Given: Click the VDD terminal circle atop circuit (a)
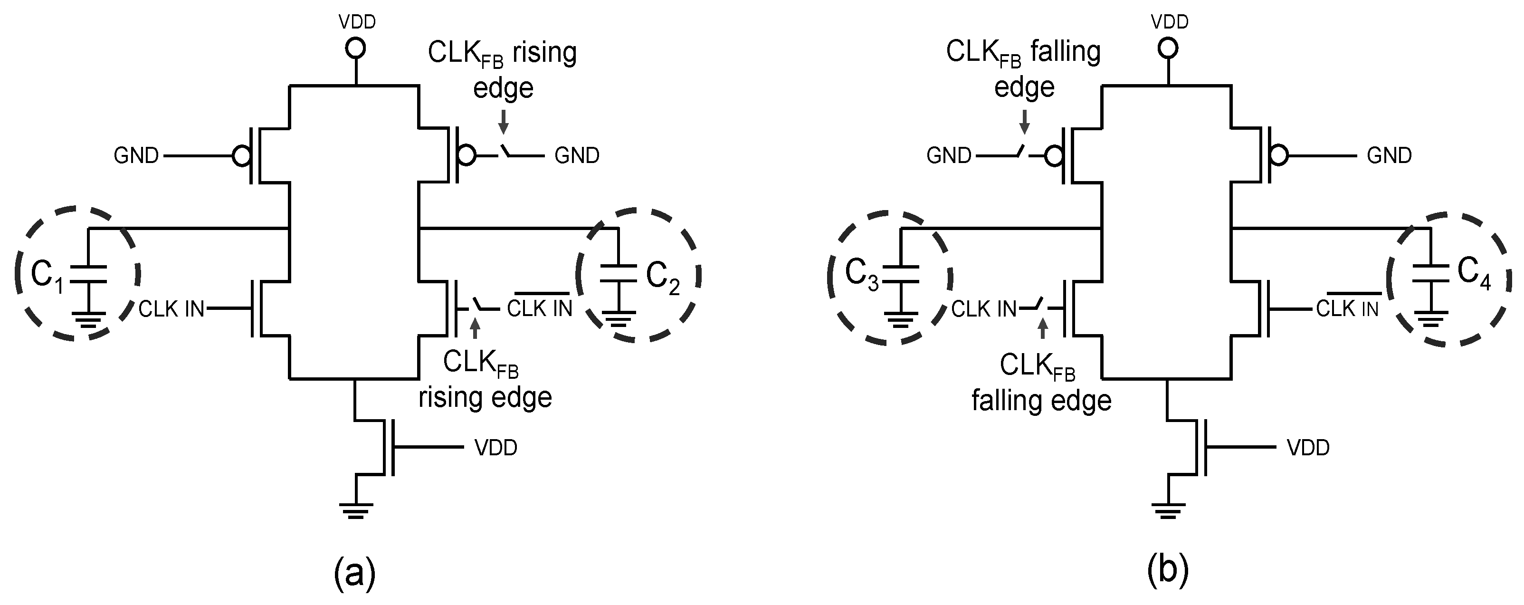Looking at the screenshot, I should point(355,48).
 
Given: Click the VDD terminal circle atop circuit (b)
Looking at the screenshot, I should point(1167,48).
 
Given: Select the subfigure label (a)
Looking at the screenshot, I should point(354,572).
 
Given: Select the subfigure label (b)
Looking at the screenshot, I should point(1167,572).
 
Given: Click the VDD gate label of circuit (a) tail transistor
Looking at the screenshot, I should point(496,448).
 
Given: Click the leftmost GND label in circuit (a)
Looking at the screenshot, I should point(136,156).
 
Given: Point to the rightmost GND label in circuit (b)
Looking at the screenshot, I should point(1389,156).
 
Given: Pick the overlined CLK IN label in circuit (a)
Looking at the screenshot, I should point(540,308).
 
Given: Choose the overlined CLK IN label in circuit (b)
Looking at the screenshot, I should point(1347,308).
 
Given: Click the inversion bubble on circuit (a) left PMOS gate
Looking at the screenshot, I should point(241,156).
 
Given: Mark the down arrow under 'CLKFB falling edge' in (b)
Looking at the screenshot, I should point(1025,123).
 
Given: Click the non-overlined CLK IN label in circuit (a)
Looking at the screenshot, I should point(171,309).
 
